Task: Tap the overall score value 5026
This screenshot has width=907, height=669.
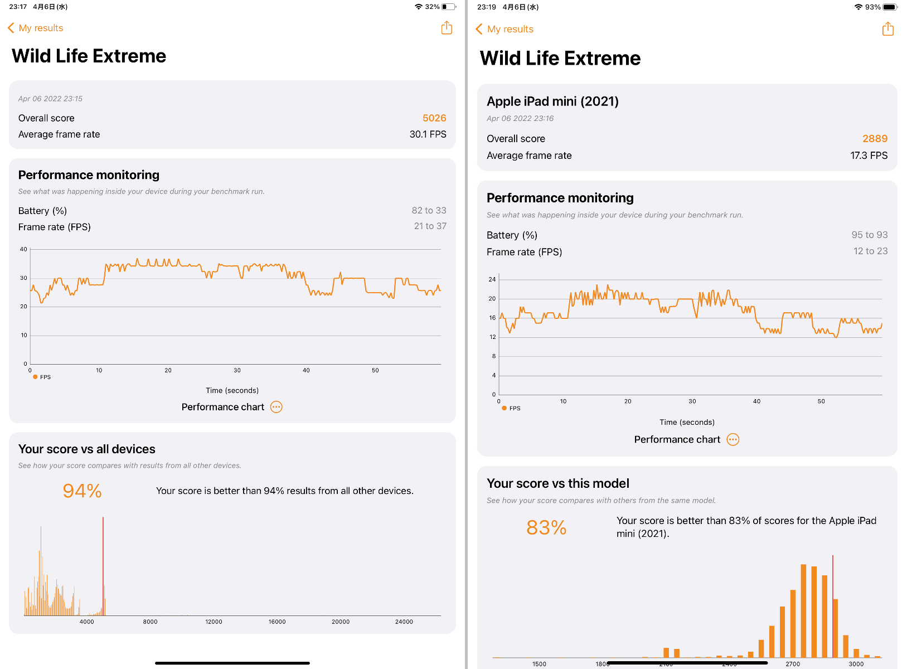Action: (x=434, y=118)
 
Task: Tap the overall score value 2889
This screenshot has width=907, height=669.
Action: (x=875, y=139)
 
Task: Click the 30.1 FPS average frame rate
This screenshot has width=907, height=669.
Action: (x=428, y=134)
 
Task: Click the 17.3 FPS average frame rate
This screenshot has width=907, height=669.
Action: (x=869, y=156)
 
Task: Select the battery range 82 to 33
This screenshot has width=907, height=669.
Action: (x=429, y=210)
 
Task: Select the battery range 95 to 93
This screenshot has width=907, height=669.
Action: (x=869, y=235)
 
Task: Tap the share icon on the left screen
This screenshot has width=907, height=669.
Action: (x=447, y=28)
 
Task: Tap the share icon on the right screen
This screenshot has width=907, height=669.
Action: (x=887, y=29)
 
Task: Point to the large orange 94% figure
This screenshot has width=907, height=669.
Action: (x=82, y=491)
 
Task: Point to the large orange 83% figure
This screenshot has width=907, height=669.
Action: (x=546, y=527)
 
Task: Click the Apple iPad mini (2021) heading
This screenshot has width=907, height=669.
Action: (x=552, y=101)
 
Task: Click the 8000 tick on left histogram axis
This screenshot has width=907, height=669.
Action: (x=150, y=622)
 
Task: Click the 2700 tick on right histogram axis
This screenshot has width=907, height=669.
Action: (x=792, y=664)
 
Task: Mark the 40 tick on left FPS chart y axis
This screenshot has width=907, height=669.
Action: (x=23, y=249)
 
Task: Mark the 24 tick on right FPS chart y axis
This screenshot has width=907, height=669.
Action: (x=492, y=279)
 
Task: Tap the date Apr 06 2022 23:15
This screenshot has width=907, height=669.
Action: (x=50, y=99)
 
